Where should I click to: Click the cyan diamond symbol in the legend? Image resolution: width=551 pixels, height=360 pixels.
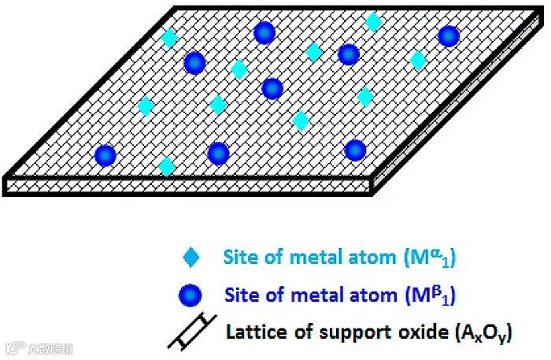[x=191, y=257]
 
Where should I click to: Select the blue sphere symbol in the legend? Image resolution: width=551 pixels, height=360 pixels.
[x=191, y=295]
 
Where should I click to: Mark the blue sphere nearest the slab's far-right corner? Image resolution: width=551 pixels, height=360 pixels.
[x=448, y=36]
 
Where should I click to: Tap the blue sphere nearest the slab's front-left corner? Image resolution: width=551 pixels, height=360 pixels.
[x=105, y=155]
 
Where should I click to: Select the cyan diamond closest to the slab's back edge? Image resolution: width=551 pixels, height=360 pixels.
[x=374, y=22]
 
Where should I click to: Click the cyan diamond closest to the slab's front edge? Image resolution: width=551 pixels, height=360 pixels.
[x=166, y=166]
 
